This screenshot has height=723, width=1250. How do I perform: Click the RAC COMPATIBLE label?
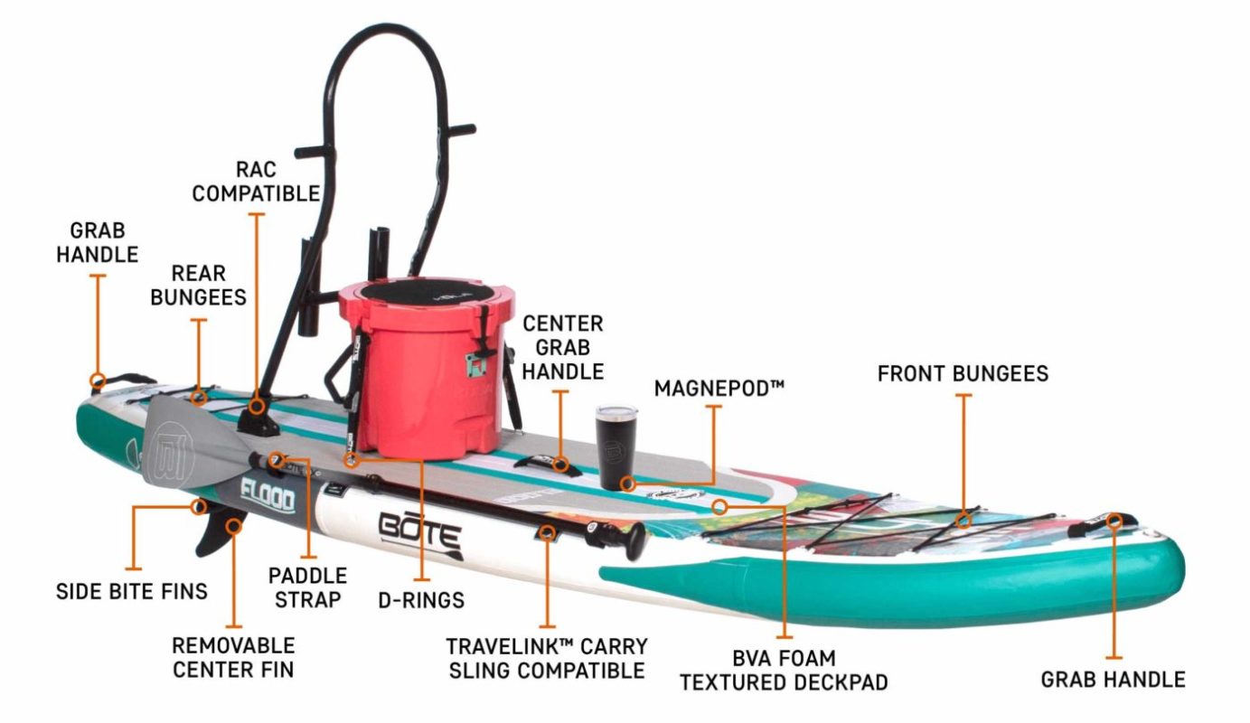256,181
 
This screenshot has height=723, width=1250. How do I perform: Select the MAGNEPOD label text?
719,389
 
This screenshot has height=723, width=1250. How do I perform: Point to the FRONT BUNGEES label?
963,373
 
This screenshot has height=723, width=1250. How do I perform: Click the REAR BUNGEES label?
198,285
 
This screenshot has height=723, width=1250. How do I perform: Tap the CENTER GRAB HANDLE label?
562,346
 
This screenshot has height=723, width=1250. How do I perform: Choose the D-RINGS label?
421,599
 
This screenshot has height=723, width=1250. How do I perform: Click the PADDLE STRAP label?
307,587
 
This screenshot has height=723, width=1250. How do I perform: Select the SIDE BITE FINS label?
132,591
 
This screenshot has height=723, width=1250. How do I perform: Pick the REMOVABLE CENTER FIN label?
233,657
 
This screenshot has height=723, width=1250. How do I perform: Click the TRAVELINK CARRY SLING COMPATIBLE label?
546,658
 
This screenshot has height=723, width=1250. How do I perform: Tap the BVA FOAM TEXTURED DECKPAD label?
784,670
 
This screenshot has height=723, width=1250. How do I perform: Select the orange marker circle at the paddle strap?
278,461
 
